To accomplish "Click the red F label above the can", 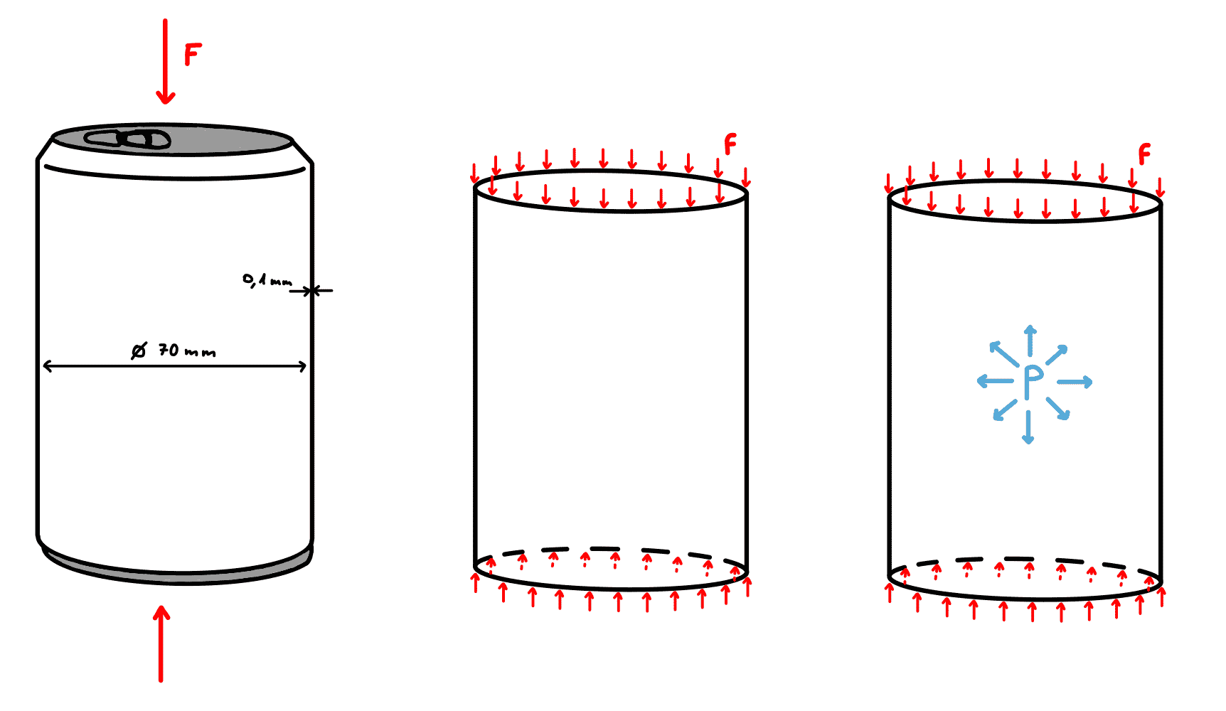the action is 193,54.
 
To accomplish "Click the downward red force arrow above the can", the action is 166,62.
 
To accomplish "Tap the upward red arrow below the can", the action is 161,643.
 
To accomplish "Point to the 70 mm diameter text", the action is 187,351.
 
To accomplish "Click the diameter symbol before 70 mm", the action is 139,351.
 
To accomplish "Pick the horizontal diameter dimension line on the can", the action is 175,366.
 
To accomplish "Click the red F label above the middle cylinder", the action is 730,144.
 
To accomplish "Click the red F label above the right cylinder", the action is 1144,154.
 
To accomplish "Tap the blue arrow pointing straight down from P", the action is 1028,427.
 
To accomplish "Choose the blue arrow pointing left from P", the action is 995,381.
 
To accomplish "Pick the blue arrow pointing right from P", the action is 1075,382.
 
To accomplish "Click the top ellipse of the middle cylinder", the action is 611,211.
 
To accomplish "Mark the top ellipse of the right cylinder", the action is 1025,221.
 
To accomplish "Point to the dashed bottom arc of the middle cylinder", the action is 611,549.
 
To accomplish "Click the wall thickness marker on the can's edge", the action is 311,290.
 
